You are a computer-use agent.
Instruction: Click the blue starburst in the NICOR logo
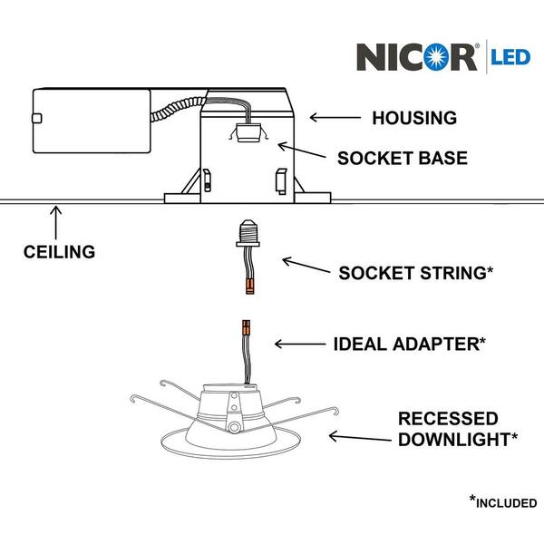[437, 56]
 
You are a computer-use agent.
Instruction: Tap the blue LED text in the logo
[510, 57]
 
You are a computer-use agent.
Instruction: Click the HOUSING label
[414, 118]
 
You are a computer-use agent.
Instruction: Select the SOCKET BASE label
[403, 158]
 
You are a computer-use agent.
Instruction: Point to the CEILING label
[59, 252]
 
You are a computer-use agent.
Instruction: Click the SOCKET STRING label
[415, 273]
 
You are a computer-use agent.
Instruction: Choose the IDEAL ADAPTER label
[410, 345]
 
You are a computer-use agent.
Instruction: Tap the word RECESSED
[448, 419]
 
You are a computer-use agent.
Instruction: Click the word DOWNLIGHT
[454, 440]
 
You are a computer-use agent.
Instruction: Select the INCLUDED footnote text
[507, 503]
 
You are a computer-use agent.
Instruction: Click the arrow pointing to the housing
[335, 118]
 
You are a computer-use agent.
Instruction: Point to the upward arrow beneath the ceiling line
[56, 223]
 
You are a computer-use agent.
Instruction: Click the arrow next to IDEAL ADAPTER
[300, 345]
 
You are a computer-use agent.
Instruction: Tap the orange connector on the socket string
[250, 287]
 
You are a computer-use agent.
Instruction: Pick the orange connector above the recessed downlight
[246, 327]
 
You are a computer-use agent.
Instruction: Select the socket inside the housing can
[248, 133]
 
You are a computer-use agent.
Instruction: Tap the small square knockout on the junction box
[37, 119]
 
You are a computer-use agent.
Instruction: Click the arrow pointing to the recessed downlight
[360, 437]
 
